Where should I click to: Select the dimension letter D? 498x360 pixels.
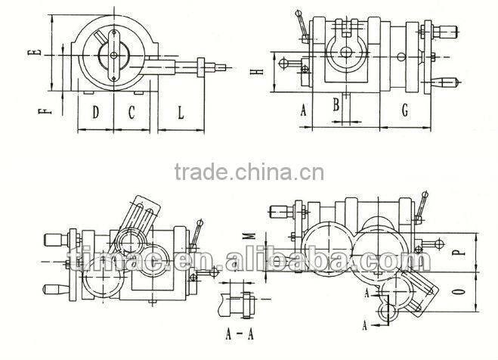(96, 113)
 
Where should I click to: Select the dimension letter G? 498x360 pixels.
(405, 111)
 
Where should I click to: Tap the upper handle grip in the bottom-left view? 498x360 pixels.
(54, 240)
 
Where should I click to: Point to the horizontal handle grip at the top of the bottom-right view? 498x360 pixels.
(280, 211)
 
